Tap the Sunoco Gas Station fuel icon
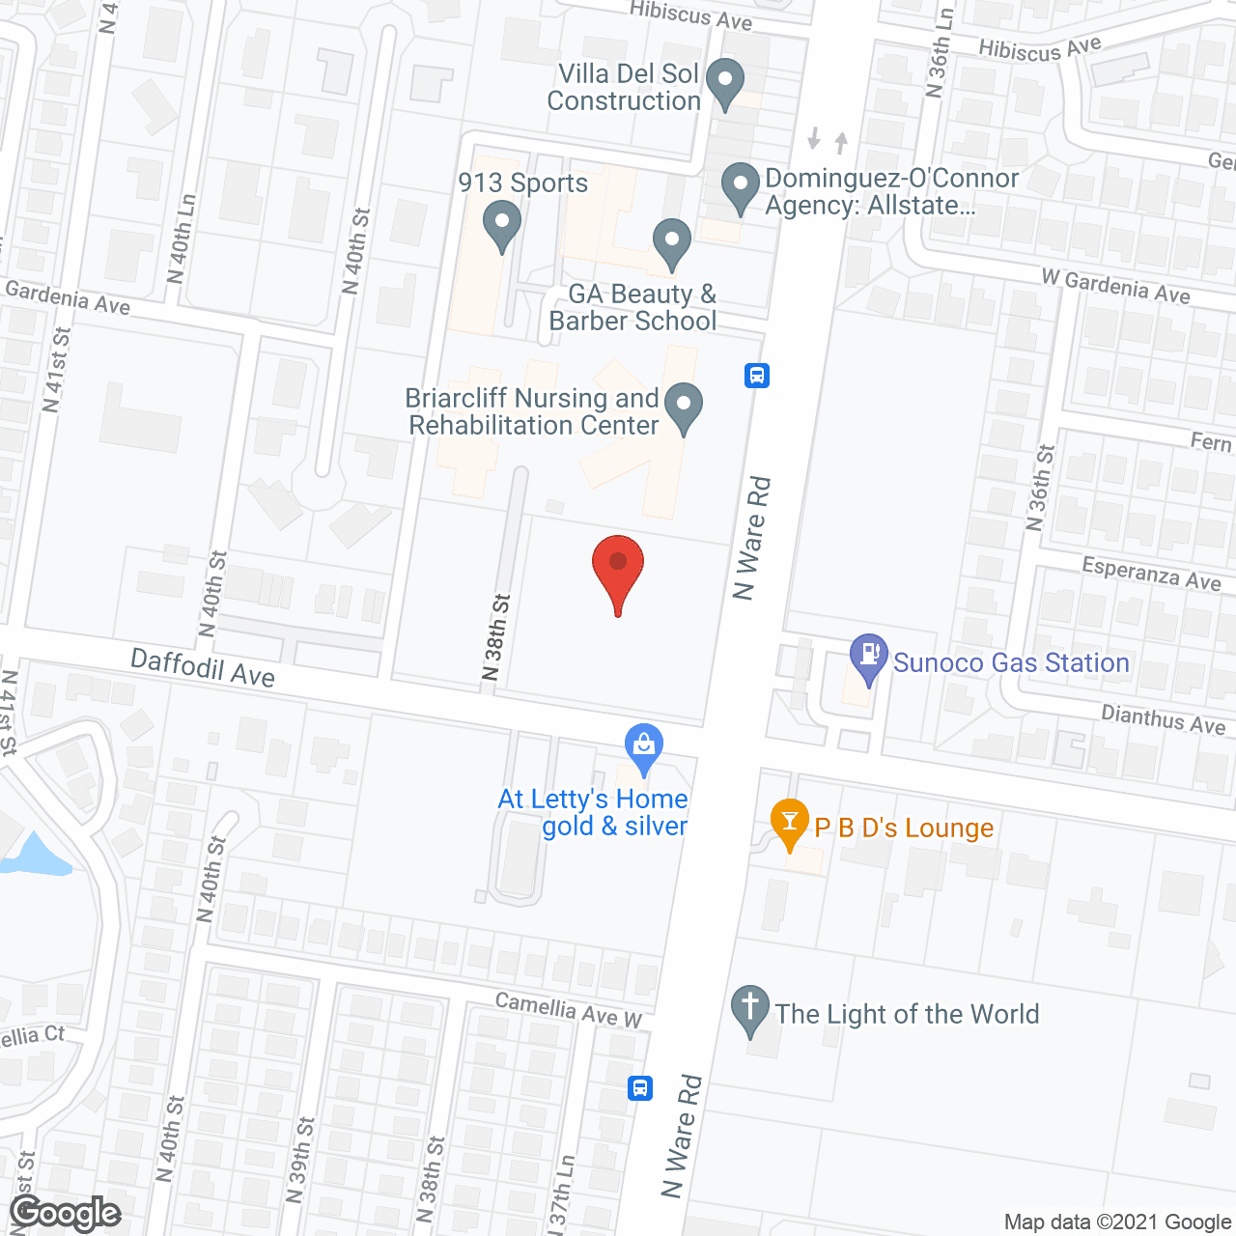(x=869, y=657)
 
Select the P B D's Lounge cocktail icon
(x=790, y=823)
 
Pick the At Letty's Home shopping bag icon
(x=643, y=745)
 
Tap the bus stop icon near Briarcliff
(x=757, y=375)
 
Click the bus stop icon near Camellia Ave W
(x=639, y=1088)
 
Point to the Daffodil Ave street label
(x=203, y=667)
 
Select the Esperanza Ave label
(x=1151, y=573)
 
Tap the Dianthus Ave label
(x=1163, y=719)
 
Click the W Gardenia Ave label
(x=1115, y=286)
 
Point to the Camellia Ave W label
(x=568, y=1009)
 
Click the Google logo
(x=66, y=1213)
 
